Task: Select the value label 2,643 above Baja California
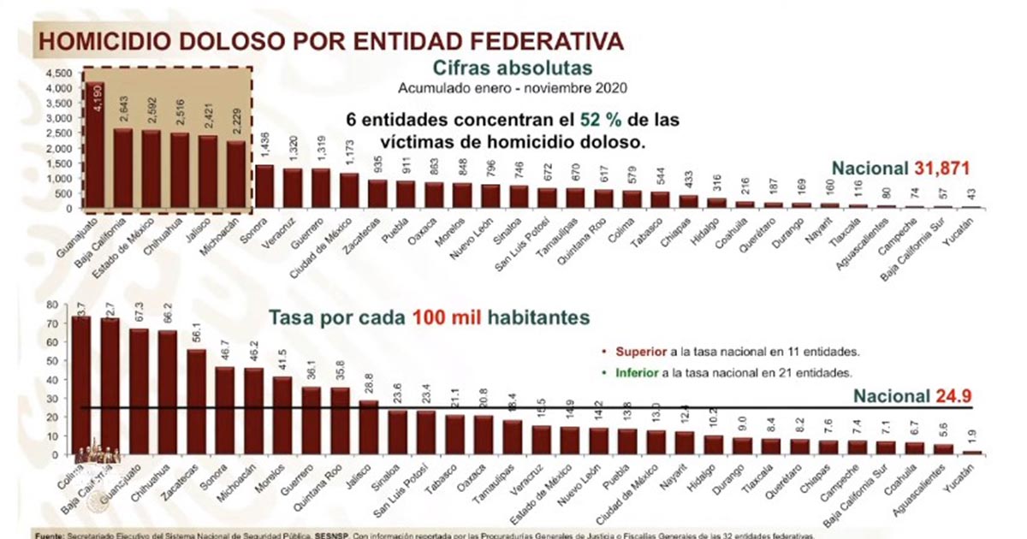(x=126, y=110)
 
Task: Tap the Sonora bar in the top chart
(x=265, y=187)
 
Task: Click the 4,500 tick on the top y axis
(x=60, y=74)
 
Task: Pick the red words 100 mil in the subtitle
(x=448, y=317)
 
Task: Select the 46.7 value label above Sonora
(x=226, y=352)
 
